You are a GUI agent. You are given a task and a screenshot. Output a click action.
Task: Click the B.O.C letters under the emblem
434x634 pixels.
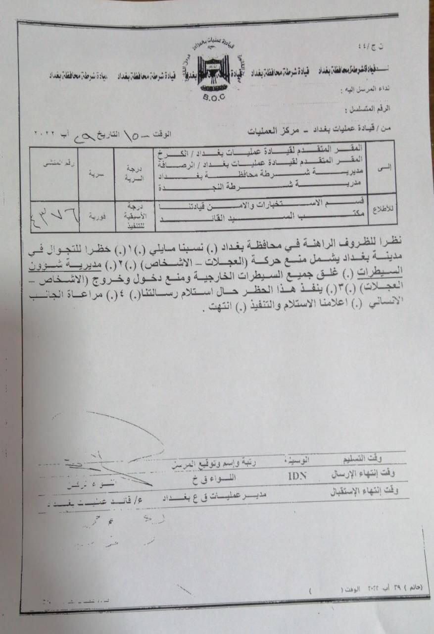[213, 98]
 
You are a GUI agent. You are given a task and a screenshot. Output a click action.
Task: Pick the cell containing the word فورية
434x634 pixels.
[96, 216]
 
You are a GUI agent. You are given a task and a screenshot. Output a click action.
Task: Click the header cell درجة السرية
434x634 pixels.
[134, 171]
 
